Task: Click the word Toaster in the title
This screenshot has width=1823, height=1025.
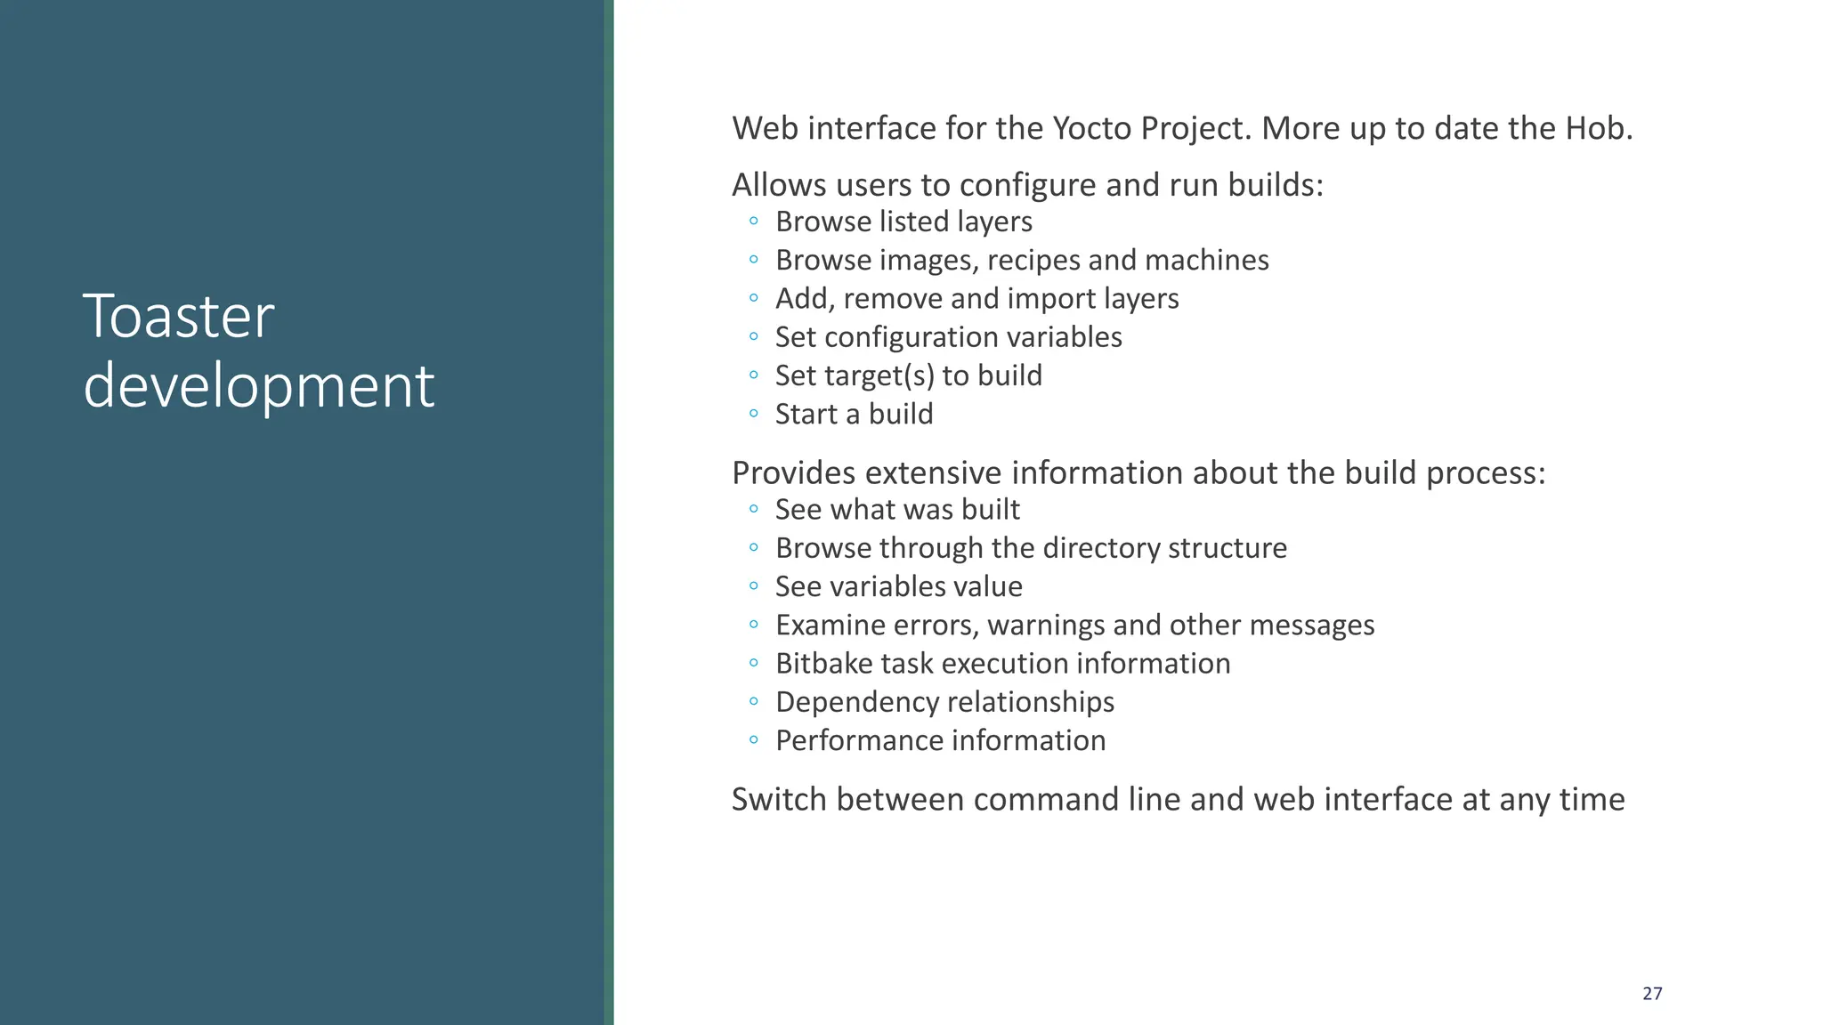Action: point(178,317)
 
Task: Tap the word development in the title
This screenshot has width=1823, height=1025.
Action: point(258,386)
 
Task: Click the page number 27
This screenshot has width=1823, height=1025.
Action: point(1652,994)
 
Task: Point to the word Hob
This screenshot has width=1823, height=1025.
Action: point(1599,129)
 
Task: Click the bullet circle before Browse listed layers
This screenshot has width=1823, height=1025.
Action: point(754,221)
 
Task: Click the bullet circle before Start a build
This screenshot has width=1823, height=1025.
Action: point(754,414)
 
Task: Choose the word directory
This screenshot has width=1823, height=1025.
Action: point(1098,548)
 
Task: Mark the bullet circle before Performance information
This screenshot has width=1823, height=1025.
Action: point(754,740)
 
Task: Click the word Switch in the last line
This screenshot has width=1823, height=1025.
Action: point(779,800)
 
